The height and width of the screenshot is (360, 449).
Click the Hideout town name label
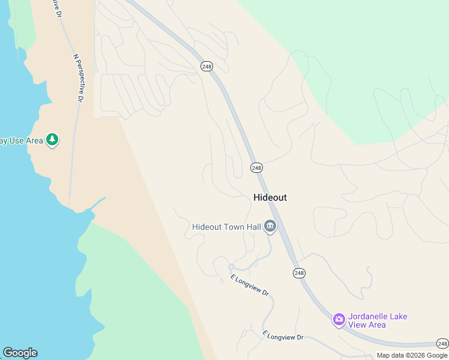click(270, 197)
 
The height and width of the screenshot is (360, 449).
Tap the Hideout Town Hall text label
click(227, 227)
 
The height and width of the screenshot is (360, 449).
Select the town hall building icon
click(270, 227)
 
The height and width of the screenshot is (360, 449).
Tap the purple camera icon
click(339, 319)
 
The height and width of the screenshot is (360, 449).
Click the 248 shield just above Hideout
click(257, 168)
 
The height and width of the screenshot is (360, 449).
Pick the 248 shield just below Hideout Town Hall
click(299, 273)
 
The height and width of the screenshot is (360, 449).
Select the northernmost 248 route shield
click(206, 67)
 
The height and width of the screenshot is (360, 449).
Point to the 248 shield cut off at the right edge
click(443, 344)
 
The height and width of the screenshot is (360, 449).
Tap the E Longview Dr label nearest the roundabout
click(250, 285)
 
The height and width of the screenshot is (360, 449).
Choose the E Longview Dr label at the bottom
click(283, 335)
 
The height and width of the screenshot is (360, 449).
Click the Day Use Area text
click(22, 140)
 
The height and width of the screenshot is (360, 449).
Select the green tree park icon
click(53, 140)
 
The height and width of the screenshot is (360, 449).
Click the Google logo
click(20, 353)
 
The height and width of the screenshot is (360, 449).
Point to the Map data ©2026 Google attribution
click(412, 355)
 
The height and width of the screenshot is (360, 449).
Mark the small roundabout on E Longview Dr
click(231, 267)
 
